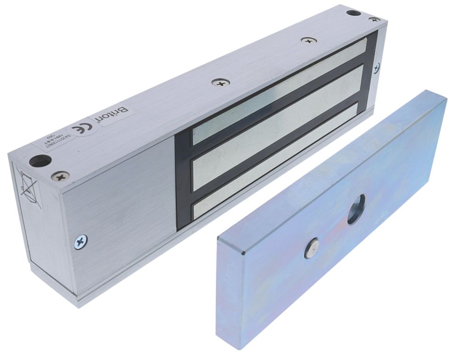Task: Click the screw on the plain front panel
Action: click(81, 241)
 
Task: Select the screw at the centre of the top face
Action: click(221, 83)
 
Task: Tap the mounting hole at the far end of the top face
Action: click(353, 12)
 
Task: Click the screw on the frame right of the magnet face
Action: click(376, 67)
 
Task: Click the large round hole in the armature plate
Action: click(356, 209)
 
